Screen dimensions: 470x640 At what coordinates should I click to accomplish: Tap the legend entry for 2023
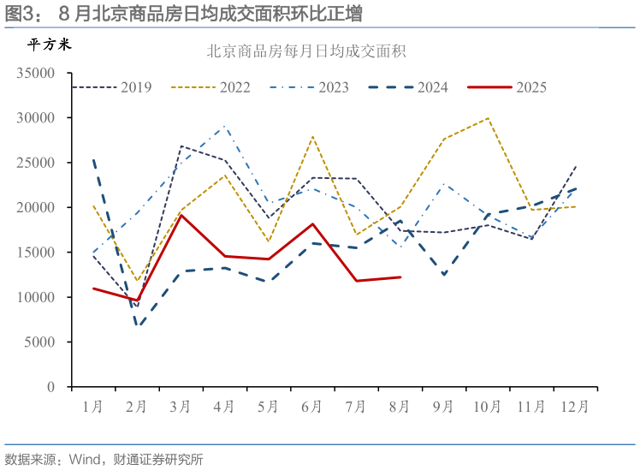coord(309,87)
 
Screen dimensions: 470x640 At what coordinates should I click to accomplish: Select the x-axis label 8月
coord(400,407)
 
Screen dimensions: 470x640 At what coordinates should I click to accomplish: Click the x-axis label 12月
coord(573,407)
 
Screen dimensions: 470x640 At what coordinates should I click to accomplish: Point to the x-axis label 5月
coord(268,407)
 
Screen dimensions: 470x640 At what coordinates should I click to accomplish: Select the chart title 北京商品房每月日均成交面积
coord(305,51)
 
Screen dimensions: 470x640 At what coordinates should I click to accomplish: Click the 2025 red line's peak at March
coord(181,215)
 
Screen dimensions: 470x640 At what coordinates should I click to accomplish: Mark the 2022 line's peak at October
coord(489,118)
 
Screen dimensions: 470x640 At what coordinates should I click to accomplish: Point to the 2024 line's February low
coord(138,326)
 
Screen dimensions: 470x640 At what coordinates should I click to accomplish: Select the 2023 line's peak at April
coord(225,127)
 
